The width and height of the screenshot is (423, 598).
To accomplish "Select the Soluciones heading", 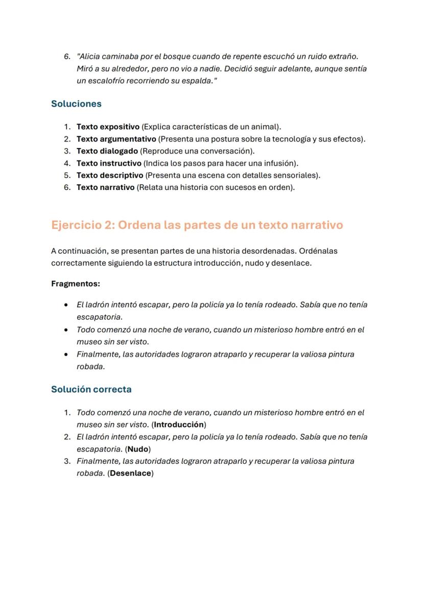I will click(x=76, y=104).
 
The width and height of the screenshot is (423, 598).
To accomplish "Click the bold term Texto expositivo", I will click(x=108, y=127).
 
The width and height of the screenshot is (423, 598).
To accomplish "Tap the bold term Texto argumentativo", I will click(x=116, y=139).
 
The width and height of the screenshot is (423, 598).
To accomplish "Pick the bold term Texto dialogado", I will click(x=107, y=151).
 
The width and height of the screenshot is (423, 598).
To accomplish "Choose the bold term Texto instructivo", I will click(x=109, y=163).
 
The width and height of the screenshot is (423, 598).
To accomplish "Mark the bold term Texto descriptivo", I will click(x=110, y=176).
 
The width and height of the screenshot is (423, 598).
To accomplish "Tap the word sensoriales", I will click(x=299, y=176).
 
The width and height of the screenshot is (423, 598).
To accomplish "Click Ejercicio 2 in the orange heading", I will click(x=82, y=225).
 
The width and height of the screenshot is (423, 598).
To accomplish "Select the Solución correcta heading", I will click(x=91, y=389).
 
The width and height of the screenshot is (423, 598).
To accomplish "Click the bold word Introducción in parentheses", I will click(x=179, y=425).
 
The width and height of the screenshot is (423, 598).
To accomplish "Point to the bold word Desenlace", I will click(x=130, y=473).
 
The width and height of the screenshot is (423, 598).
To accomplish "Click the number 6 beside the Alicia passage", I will click(x=66, y=56).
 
